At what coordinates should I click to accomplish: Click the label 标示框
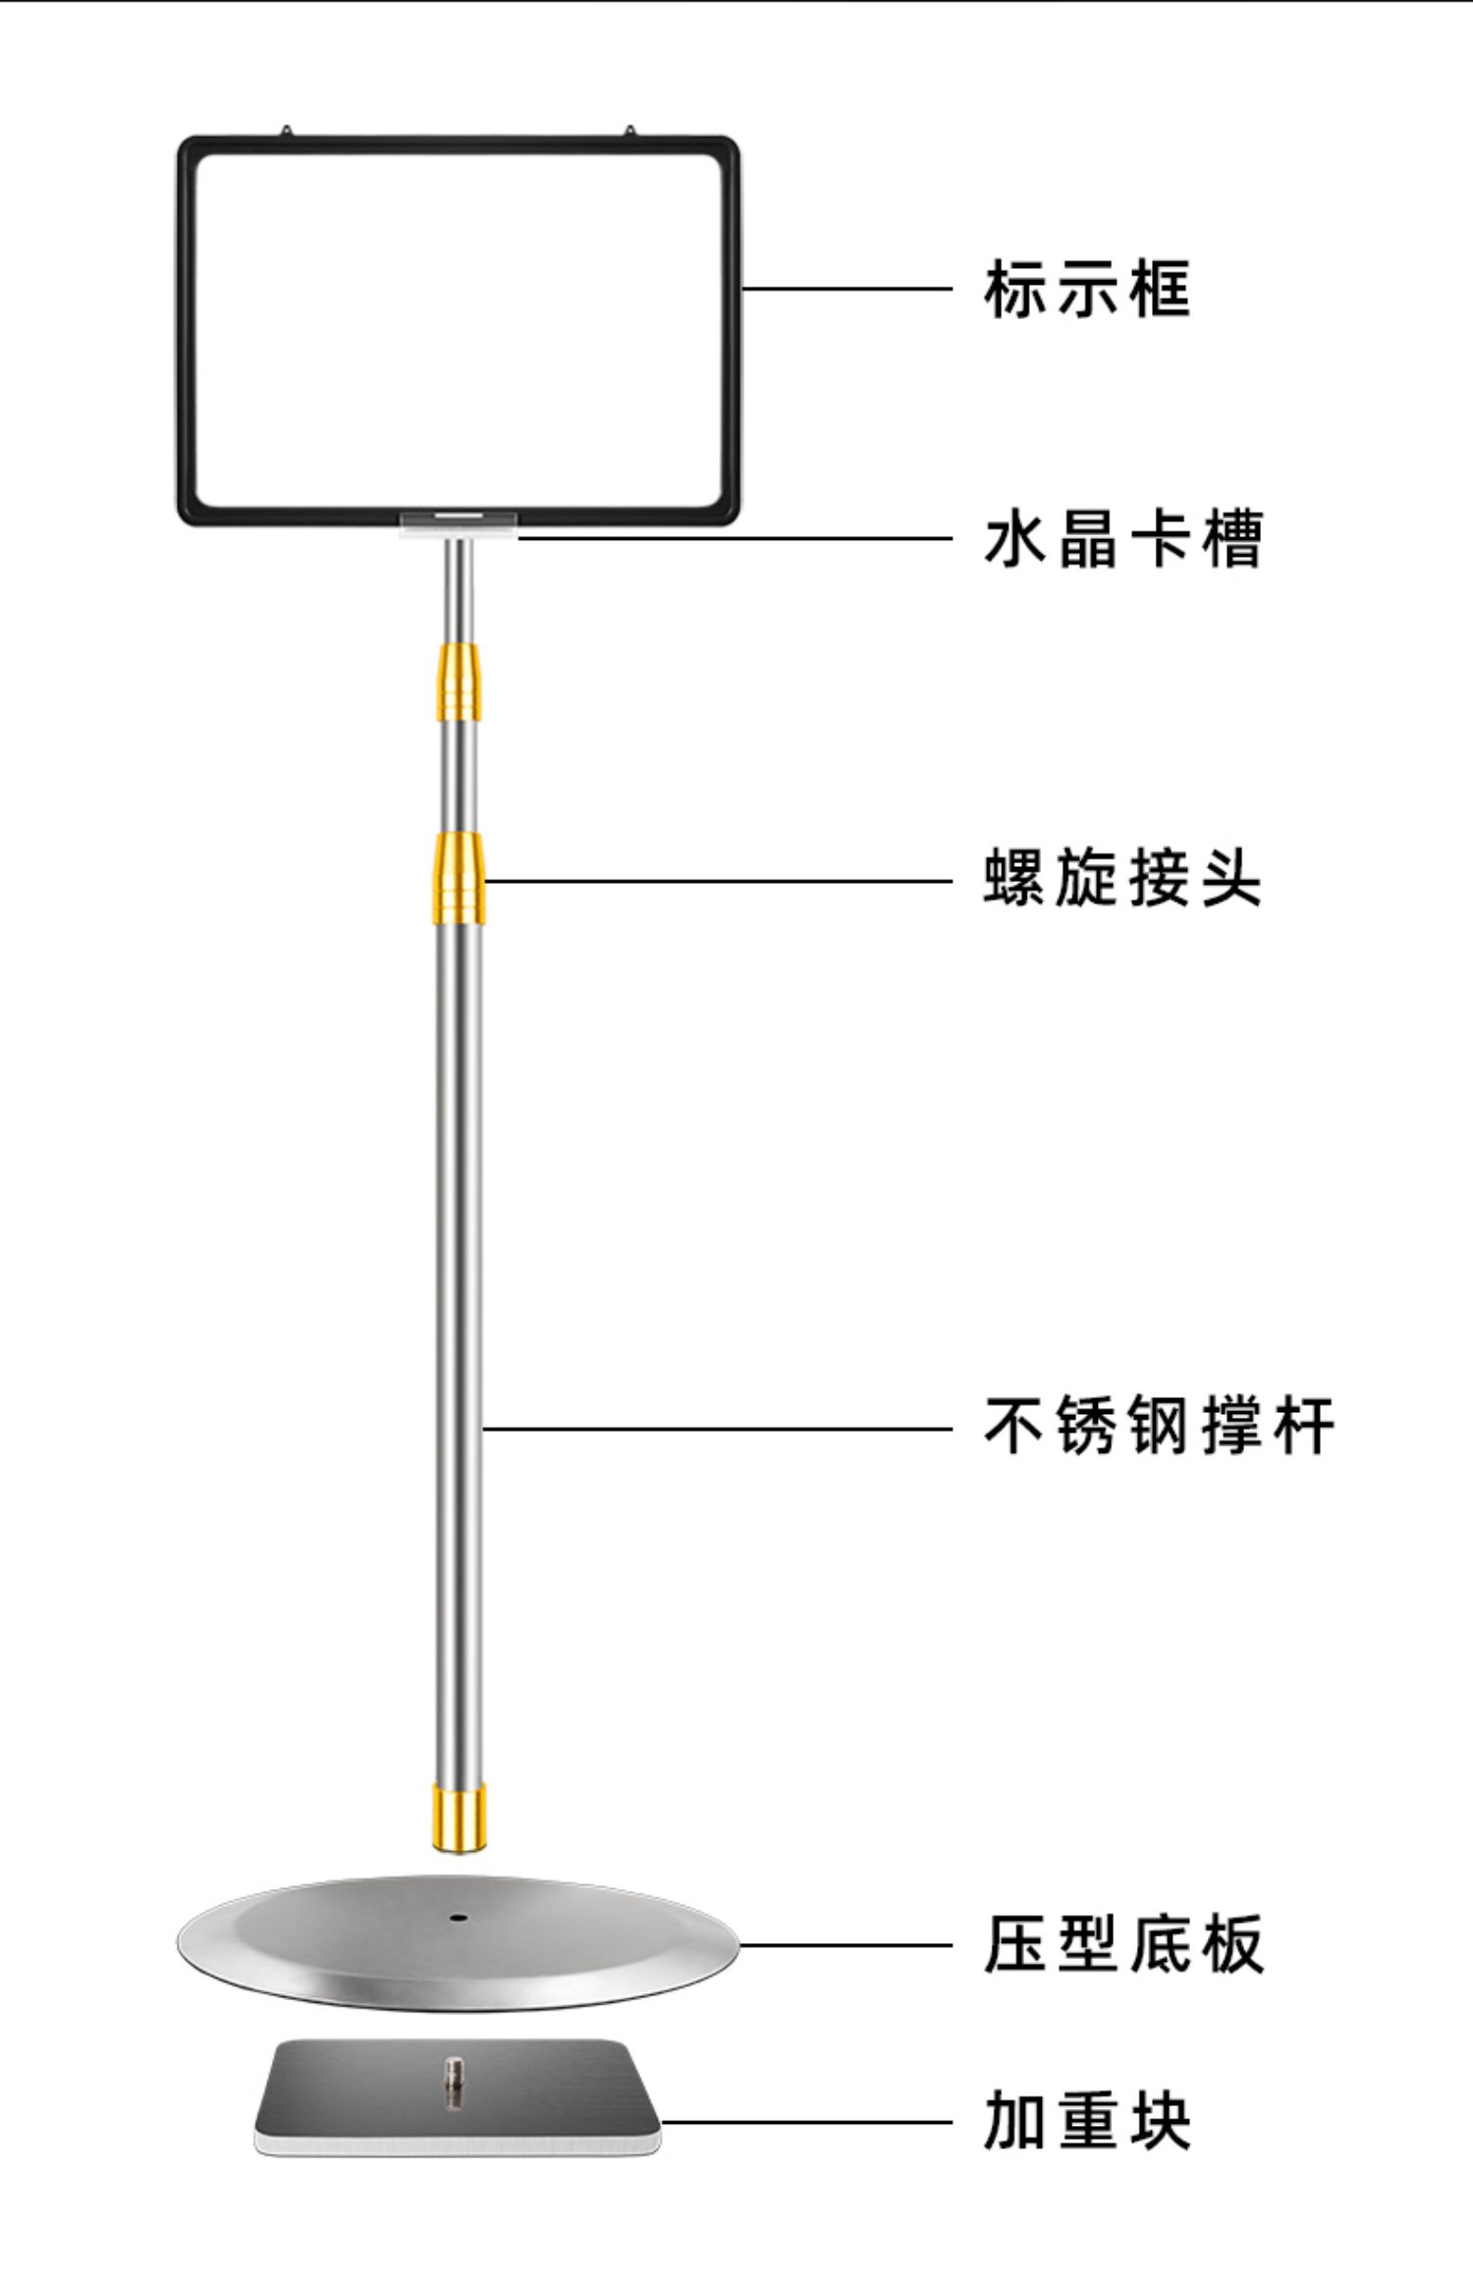(x=1087, y=290)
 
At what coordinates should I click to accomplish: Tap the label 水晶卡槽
(x=1122, y=539)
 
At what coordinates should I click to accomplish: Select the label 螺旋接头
(x=1122, y=878)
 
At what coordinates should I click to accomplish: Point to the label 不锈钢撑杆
(x=1159, y=1426)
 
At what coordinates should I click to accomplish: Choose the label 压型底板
(x=1122, y=1944)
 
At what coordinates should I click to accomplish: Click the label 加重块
(x=1087, y=2121)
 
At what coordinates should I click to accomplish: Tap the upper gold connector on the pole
(x=459, y=682)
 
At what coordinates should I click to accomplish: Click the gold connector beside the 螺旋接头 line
(x=460, y=878)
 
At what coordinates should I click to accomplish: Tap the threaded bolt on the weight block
(x=454, y=2080)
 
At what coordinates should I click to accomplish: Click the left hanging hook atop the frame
(x=286, y=131)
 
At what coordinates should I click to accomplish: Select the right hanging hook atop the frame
(x=629, y=131)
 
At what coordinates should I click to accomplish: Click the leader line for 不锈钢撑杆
(x=717, y=1429)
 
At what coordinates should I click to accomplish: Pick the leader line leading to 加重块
(x=805, y=2122)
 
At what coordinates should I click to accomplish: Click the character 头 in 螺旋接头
(x=1231, y=878)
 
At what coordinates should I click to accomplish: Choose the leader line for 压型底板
(x=845, y=1944)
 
